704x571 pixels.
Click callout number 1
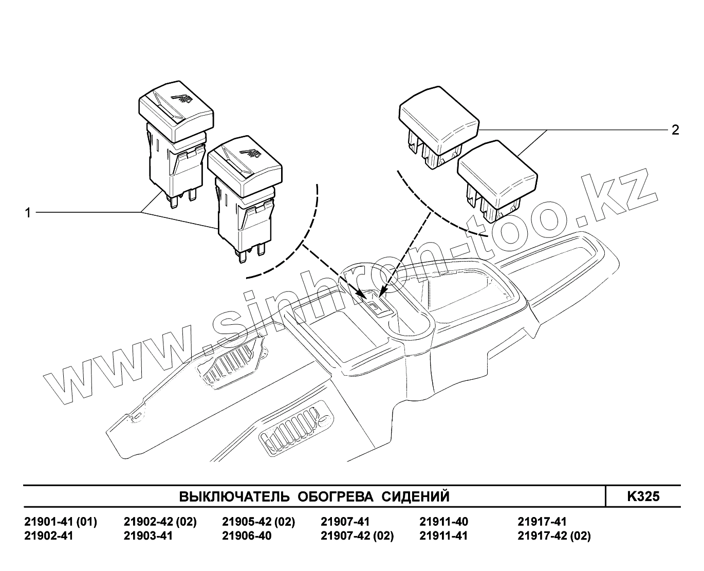click(28, 212)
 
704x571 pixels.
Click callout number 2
click(675, 130)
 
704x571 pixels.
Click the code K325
click(643, 496)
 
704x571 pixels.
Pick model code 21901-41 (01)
click(61, 522)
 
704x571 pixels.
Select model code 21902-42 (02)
click(160, 522)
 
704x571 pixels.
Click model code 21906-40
click(247, 536)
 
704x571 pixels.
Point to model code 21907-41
click(345, 522)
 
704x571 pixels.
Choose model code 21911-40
click(444, 522)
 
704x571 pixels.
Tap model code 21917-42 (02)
click(554, 536)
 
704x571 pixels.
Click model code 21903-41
click(148, 536)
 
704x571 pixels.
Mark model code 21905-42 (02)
click(258, 522)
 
